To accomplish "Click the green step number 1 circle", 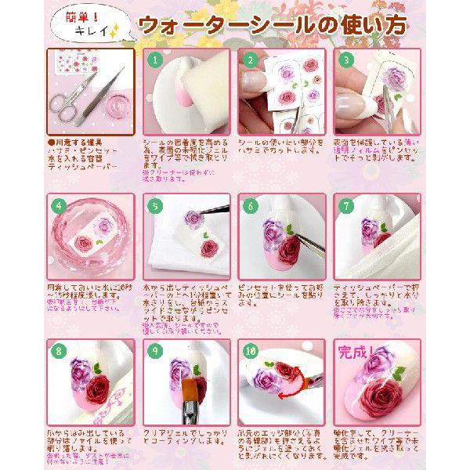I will pyautogui.click(x=156, y=59).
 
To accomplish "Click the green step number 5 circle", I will pyautogui.click(x=156, y=206).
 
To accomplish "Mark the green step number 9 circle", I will pyautogui.click(x=156, y=352).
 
